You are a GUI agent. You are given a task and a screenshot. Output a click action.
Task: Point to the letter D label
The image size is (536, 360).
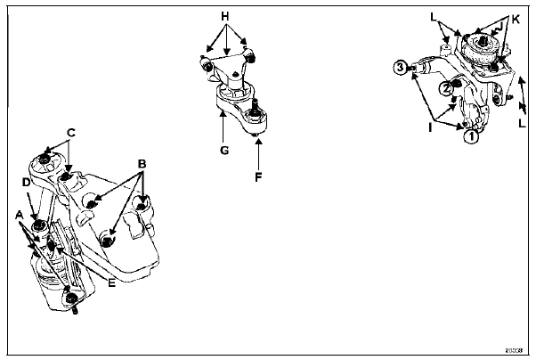26,182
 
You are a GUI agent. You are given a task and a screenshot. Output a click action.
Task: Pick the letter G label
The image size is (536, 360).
224,151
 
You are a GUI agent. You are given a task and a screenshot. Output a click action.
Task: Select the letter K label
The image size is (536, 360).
515,17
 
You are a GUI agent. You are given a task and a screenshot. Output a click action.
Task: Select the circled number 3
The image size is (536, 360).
402,66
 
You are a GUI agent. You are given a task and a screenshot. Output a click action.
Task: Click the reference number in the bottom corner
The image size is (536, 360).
515,349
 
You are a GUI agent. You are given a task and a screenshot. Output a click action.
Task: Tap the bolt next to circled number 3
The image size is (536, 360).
418,64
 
